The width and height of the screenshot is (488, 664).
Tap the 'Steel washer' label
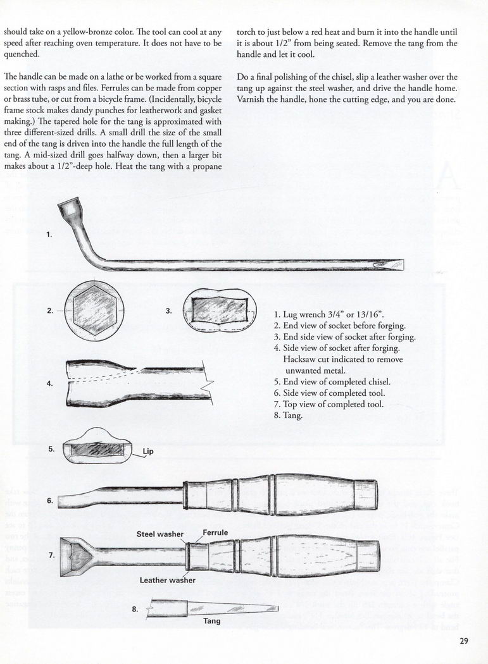(x=160, y=534)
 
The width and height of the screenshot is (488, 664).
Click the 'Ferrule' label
(x=215, y=532)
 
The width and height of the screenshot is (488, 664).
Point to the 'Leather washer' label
(x=168, y=579)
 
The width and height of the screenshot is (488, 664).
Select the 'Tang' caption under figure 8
(x=211, y=620)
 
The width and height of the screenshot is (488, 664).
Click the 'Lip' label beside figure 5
(x=148, y=452)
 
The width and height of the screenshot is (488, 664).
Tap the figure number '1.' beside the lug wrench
(x=50, y=235)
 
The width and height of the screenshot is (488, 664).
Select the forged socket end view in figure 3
(x=220, y=311)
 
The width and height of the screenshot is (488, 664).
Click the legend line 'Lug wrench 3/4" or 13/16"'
(x=337, y=314)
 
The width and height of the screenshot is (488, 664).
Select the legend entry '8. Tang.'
(x=289, y=415)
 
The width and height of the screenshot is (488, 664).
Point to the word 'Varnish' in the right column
(x=253, y=101)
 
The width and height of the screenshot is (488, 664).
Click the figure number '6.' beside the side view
(x=50, y=500)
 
